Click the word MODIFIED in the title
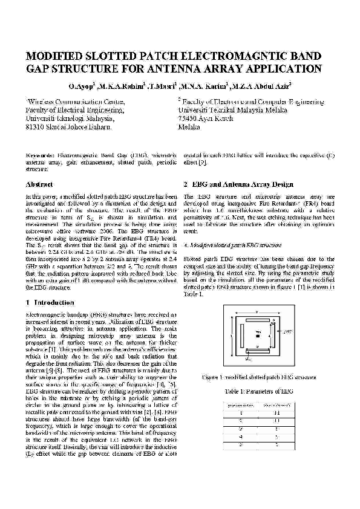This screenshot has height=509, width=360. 57,57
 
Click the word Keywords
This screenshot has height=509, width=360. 40,155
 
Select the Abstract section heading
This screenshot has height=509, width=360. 39,184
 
